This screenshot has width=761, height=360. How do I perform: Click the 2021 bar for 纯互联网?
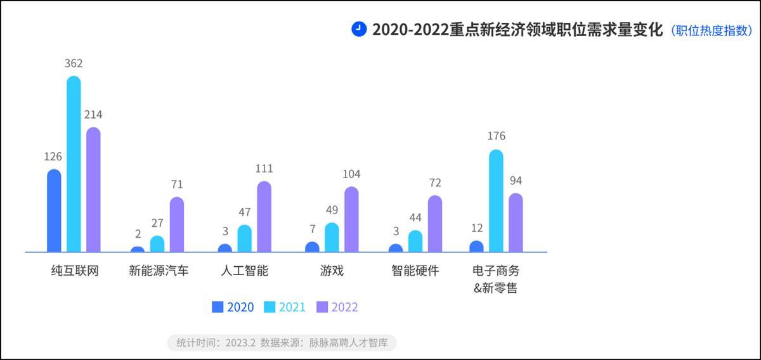[x=74, y=165]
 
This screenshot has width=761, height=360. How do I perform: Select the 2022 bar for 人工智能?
[x=264, y=217]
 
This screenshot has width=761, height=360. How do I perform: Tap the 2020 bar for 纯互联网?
[x=54, y=211]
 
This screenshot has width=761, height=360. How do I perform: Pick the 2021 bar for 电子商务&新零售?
[x=496, y=202]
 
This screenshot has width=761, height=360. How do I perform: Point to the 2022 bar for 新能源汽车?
[x=176, y=225]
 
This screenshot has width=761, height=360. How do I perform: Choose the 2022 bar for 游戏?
[x=351, y=220]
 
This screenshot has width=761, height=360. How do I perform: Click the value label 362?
[x=74, y=63]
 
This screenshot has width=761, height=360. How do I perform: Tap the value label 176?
[x=496, y=136]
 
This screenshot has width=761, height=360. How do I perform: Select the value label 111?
[x=264, y=169]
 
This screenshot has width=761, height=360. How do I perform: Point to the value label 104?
[x=351, y=174]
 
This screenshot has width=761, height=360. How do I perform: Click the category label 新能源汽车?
[x=159, y=271]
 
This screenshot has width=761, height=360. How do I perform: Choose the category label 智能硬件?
[x=415, y=271]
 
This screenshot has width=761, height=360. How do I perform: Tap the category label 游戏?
[x=332, y=271]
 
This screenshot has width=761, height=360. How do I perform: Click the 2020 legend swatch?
[x=218, y=307]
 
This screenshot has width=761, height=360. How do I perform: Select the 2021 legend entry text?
[x=292, y=307]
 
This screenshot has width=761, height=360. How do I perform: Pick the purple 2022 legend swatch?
[x=322, y=307]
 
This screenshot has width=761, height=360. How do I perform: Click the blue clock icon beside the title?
[x=359, y=29]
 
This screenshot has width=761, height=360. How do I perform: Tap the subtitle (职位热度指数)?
[x=711, y=30]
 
